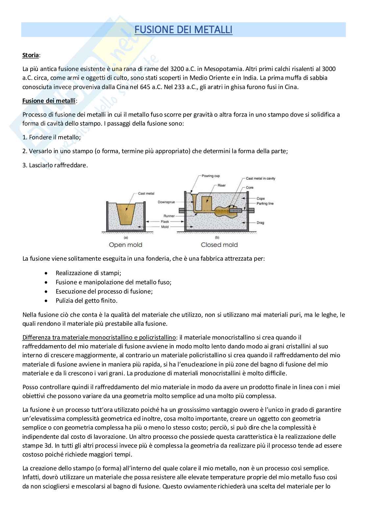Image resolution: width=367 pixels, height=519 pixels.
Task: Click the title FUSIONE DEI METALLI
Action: click(183, 30)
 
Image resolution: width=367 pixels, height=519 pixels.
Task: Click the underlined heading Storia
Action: click(31, 55)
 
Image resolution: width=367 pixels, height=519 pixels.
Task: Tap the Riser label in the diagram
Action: click(221, 185)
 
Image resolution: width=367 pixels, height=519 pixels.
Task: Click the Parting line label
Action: click(265, 203)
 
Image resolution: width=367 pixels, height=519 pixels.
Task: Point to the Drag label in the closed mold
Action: click(260, 223)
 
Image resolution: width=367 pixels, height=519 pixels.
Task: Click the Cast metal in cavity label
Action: click(260, 178)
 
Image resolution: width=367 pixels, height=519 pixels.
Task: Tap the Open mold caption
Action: click(125, 245)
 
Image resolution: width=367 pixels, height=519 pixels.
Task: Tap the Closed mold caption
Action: click(219, 245)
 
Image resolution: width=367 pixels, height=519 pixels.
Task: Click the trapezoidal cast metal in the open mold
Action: click(125, 214)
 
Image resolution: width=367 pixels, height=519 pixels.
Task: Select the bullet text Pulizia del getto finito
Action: click(86, 300)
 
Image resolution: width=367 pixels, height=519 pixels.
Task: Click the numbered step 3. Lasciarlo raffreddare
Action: click(55, 165)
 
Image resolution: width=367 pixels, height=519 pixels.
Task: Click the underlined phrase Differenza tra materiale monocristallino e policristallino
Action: click(99, 337)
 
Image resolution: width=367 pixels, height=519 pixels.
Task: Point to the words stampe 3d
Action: click(37, 446)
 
